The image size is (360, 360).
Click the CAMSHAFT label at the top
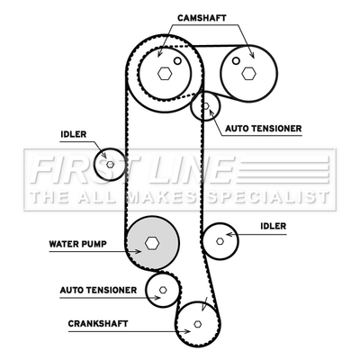(x=202, y=18)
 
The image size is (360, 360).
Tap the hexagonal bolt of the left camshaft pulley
(x=165, y=73)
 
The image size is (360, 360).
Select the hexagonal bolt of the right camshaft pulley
(x=248, y=73)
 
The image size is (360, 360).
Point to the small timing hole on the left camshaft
(x=177, y=61)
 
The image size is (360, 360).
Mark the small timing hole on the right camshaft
(x=236, y=61)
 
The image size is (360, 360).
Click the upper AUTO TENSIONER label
(x=264, y=129)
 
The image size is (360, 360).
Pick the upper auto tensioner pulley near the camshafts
(x=205, y=106)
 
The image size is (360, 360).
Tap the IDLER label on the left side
(x=74, y=134)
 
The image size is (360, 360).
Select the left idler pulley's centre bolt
(x=111, y=164)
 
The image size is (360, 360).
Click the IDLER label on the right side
(x=274, y=226)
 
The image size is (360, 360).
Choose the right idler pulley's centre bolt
(x=220, y=241)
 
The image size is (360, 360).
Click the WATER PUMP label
(x=77, y=244)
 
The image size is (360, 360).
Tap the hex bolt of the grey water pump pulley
(x=152, y=243)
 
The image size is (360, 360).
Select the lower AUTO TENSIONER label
(x=98, y=291)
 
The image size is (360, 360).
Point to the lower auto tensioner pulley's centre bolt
(x=163, y=290)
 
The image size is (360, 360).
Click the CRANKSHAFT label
(x=98, y=324)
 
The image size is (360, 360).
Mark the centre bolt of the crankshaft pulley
(x=197, y=324)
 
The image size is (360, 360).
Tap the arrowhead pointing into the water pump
(x=138, y=251)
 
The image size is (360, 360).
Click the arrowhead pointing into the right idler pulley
(x=229, y=234)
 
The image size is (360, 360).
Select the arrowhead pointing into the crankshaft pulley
(x=187, y=331)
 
